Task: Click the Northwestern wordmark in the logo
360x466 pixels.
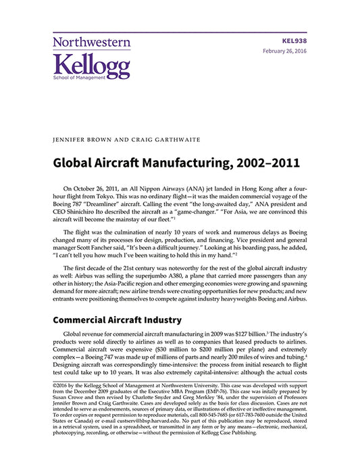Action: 91,42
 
